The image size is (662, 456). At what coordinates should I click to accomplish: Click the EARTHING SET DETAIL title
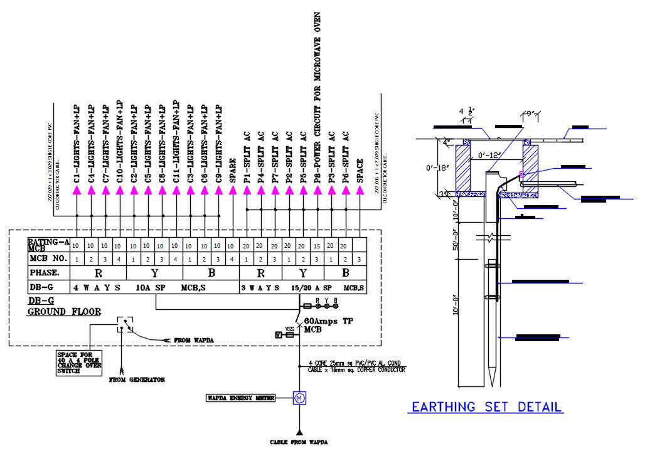[x=486, y=406]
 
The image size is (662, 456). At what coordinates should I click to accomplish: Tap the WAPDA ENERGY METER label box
[x=240, y=398]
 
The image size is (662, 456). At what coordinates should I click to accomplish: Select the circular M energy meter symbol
[x=299, y=398]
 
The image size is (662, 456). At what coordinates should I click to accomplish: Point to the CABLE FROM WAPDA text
[x=299, y=442]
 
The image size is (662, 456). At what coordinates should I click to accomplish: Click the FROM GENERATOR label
[x=137, y=379]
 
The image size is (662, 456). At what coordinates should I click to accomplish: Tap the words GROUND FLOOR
[x=64, y=311]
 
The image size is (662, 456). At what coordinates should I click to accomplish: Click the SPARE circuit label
[x=232, y=170]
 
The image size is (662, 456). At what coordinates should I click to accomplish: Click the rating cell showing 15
[x=316, y=246]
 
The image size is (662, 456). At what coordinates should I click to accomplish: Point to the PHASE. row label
[x=45, y=273]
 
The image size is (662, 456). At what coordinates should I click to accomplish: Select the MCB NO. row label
[x=47, y=258]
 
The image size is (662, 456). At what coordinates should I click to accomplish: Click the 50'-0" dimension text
[x=456, y=242]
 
